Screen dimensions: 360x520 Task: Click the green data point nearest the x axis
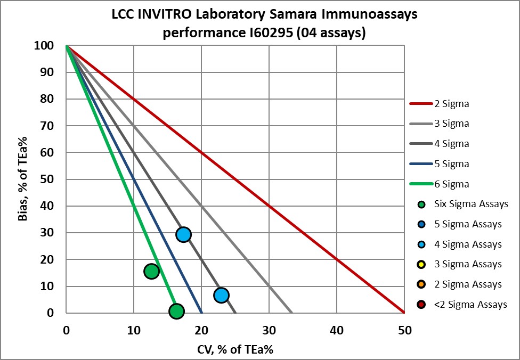click(x=176, y=311)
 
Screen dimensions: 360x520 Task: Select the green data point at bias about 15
click(x=151, y=271)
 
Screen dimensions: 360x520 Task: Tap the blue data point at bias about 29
click(x=183, y=234)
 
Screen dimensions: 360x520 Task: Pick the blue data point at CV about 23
click(x=221, y=295)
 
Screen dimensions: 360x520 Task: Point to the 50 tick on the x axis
click(x=404, y=330)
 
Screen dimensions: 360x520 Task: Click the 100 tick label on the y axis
click(x=46, y=46)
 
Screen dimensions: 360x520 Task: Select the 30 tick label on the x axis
click(x=269, y=330)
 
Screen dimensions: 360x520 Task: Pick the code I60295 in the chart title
click(x=239, y=32)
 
